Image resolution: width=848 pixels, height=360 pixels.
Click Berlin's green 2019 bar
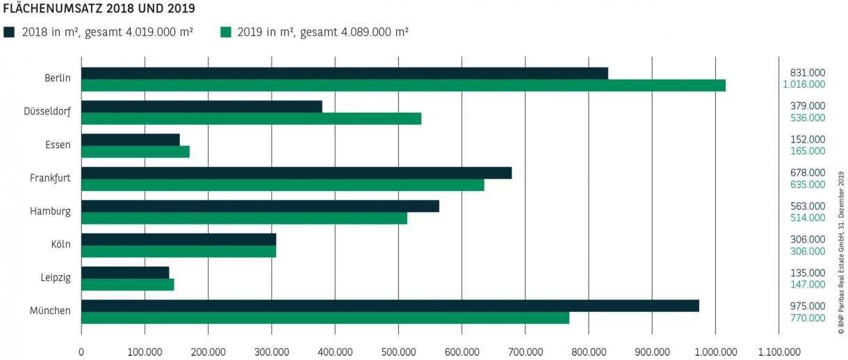[x=403, y=85]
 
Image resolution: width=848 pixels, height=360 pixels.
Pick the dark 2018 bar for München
[x=390, y=306]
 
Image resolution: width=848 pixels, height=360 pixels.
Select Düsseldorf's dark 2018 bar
[x=202, y=106]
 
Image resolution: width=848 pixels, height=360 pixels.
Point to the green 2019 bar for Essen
[x=136, y=152]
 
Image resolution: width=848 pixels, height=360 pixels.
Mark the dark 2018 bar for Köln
[x=179, y=239]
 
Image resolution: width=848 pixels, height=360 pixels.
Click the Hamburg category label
[x=50, y=211]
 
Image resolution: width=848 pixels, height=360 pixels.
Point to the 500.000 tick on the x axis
[x=398, y=352]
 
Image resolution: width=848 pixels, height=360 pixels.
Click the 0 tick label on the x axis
[x=81, y=352]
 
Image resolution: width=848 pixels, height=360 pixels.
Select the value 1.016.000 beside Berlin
[x=804, y=84]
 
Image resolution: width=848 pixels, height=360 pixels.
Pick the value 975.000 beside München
[x=808, y=306]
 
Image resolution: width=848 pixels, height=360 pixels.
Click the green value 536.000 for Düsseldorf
[x=808, y=117]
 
